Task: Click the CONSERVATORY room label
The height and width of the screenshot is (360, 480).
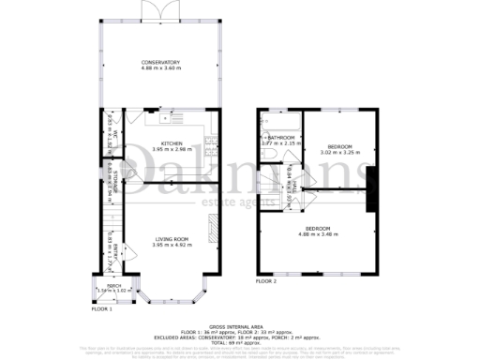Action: coord(160,62)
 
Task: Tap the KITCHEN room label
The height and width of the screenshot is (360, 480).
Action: coord(166,142)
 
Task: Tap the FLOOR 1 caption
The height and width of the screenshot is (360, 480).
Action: coord(101,308)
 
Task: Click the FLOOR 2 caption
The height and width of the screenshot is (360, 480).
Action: coord(266,280)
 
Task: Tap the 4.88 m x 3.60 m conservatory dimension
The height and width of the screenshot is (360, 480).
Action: coord(160,68)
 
